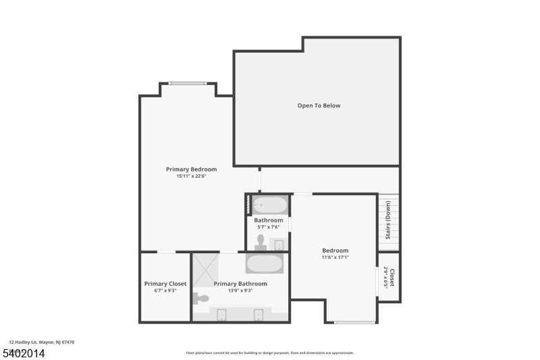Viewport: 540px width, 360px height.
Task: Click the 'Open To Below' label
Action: point(319,105)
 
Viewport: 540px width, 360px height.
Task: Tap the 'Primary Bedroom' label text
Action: point(191,169)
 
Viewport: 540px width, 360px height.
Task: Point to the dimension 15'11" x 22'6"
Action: point(191,176)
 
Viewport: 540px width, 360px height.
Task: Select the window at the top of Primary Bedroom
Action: point(187,84)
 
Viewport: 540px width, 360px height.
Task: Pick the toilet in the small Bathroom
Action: point(261,242)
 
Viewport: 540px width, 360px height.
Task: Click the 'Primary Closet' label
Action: point(165,284)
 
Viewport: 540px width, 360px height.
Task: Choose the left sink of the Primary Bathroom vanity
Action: point(221,314)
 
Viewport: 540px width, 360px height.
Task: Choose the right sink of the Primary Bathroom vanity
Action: point(259,314)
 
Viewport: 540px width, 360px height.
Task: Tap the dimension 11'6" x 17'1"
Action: point(335,257)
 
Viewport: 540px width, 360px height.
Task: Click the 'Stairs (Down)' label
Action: point(388,221)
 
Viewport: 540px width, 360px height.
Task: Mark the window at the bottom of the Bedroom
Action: point(355,322)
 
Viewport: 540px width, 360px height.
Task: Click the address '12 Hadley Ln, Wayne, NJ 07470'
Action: point(41,342)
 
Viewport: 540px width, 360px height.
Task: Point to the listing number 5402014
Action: point(24,353)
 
